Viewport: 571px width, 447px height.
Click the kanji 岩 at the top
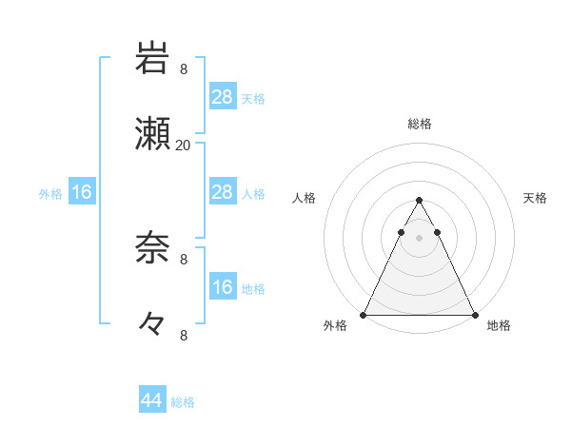(152, 59)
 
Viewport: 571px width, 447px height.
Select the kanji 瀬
(152, 135)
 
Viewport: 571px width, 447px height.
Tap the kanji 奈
(152, 249)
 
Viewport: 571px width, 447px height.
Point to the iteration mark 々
(152, 324)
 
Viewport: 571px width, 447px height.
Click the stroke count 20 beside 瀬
(183, 146)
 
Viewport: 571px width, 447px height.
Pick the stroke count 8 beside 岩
(184, 69)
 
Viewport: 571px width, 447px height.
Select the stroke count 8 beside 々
(184, 335)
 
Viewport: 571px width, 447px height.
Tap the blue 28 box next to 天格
(223, 96)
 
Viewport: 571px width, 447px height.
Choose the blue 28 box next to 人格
(223, 192)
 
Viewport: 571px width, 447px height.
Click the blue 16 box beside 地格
(223, 287)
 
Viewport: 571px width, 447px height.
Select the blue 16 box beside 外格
(82, 192)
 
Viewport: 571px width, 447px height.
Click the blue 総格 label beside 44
(183, 402)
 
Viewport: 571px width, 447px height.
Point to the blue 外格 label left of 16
(50, 194)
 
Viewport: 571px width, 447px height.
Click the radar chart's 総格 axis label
(420, 124)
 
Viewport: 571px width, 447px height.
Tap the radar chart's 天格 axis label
(536, 198)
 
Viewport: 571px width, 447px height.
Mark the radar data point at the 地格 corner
(474, 315)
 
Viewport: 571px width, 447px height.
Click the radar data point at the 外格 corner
(364, 315)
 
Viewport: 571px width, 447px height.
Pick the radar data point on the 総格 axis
(420, 201)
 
